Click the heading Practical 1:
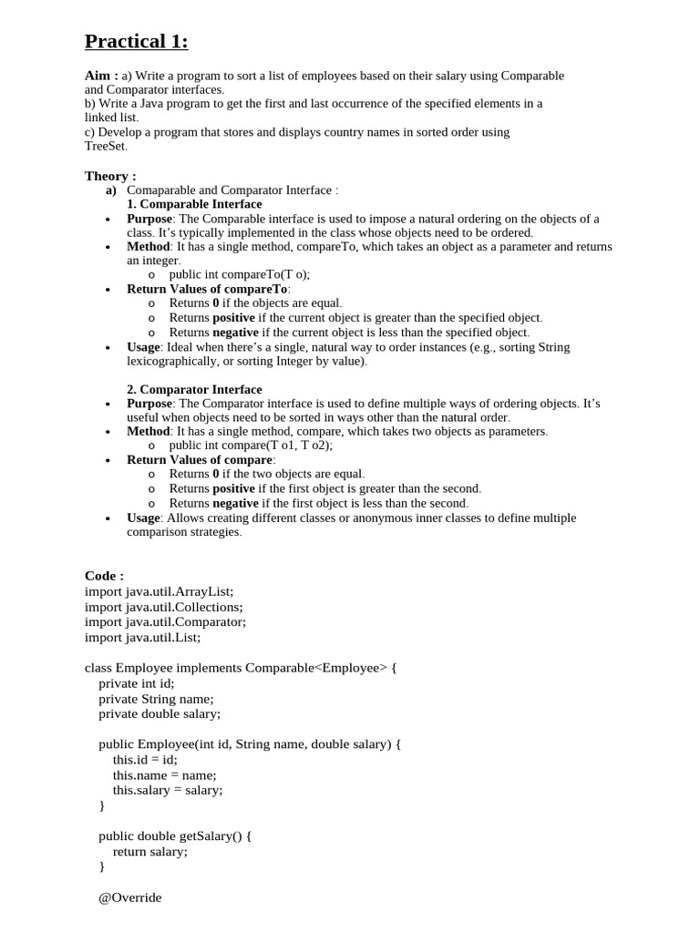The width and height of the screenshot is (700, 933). coord(136,42)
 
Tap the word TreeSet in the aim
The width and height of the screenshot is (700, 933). coord(105,146)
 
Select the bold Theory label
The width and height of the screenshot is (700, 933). coord(109,176)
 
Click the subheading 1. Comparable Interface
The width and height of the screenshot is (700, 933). coord(194,204)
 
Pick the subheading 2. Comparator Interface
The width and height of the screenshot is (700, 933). coord(194,389)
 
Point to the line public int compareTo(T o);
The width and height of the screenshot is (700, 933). coord(245,274)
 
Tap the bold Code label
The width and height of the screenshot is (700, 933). coord(103,576)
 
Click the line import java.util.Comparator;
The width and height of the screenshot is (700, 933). coord(165,622)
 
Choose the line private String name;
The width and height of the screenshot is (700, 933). coord(156,699)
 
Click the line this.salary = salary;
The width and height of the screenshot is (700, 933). coord(168,791)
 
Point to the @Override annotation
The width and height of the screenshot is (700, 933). coord(130,897)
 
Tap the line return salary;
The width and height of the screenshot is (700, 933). coord(150,851)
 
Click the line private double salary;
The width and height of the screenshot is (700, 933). coord(160,714)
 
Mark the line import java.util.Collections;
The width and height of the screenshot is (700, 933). coord(164,607)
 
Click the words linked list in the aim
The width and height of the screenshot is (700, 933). coord(111,118)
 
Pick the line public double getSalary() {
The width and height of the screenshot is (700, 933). coord(175,836)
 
